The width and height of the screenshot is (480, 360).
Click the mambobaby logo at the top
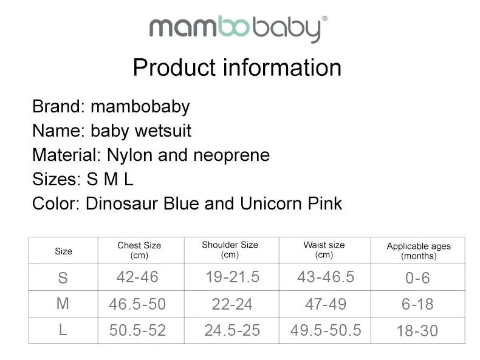point(238,29)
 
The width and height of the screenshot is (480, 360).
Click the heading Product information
point(237,67)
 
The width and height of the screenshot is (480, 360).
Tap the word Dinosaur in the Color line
point(122,203)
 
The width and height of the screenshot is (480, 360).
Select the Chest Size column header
point(139,250)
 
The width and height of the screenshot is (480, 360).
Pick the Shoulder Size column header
point(230,250)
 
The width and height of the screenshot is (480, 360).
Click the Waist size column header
point(324,250)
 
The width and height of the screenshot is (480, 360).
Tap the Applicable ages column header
point(419,251)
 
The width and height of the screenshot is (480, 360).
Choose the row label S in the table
point(63,278)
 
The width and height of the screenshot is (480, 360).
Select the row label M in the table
point(63,304)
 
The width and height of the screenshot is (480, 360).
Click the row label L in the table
point(63,330)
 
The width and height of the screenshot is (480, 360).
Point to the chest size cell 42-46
point(137,277)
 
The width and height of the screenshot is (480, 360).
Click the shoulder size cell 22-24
point(232,304)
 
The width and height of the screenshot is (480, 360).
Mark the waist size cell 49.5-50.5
point(326,330)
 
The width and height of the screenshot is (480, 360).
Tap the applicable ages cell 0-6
point(417,278)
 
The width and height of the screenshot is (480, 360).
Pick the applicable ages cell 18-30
point(417,331)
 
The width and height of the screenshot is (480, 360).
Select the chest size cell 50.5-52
point(137,330)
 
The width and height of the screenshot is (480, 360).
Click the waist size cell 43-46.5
point(326,277)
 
